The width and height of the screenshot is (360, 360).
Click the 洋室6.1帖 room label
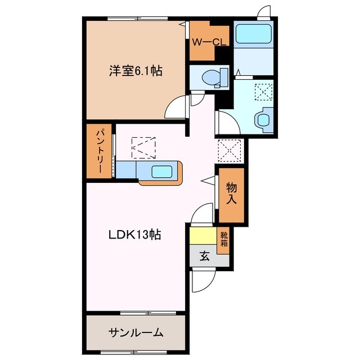point(136,71)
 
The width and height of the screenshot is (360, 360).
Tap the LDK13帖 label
point(135,235)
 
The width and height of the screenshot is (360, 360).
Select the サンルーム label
point(136,332)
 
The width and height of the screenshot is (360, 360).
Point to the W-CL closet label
point(209,42)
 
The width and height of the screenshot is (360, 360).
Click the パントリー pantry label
point(99,151)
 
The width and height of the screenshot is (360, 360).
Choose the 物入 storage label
point(231,193)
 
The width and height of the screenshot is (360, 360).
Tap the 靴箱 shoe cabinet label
point(224,239)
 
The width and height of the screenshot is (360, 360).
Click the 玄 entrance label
point(204,256)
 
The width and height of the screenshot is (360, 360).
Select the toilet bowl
point(214,78)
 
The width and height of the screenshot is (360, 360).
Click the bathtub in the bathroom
point(254,34)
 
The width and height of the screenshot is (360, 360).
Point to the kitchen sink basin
point(161,172)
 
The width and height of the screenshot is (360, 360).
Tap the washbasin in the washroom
point(264,120)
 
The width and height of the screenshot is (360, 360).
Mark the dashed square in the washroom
point(263,92)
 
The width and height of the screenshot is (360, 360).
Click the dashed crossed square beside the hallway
point(229,151)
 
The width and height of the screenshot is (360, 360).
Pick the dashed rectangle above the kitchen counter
point(143,148)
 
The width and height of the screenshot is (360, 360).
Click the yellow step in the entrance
point(204,236)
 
